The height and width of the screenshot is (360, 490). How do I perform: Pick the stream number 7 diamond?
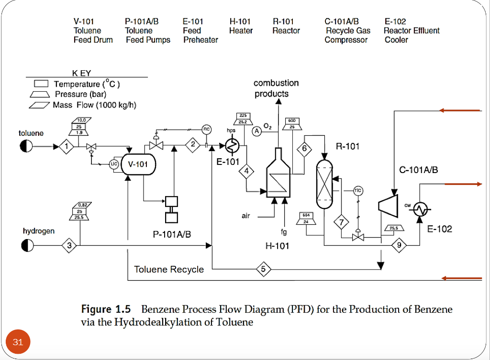(341, 222)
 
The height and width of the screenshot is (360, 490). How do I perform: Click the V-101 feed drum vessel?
(139, 164)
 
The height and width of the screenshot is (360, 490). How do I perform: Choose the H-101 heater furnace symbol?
(278, 177)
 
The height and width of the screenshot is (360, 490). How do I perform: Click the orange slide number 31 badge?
(18, 342)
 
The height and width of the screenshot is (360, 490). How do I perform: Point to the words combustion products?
(276, 88)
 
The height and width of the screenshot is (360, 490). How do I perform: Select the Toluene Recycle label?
(169, 270)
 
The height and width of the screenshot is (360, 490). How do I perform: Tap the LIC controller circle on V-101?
(114, 164)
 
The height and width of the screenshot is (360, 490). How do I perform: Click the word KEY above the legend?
(81, 73)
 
